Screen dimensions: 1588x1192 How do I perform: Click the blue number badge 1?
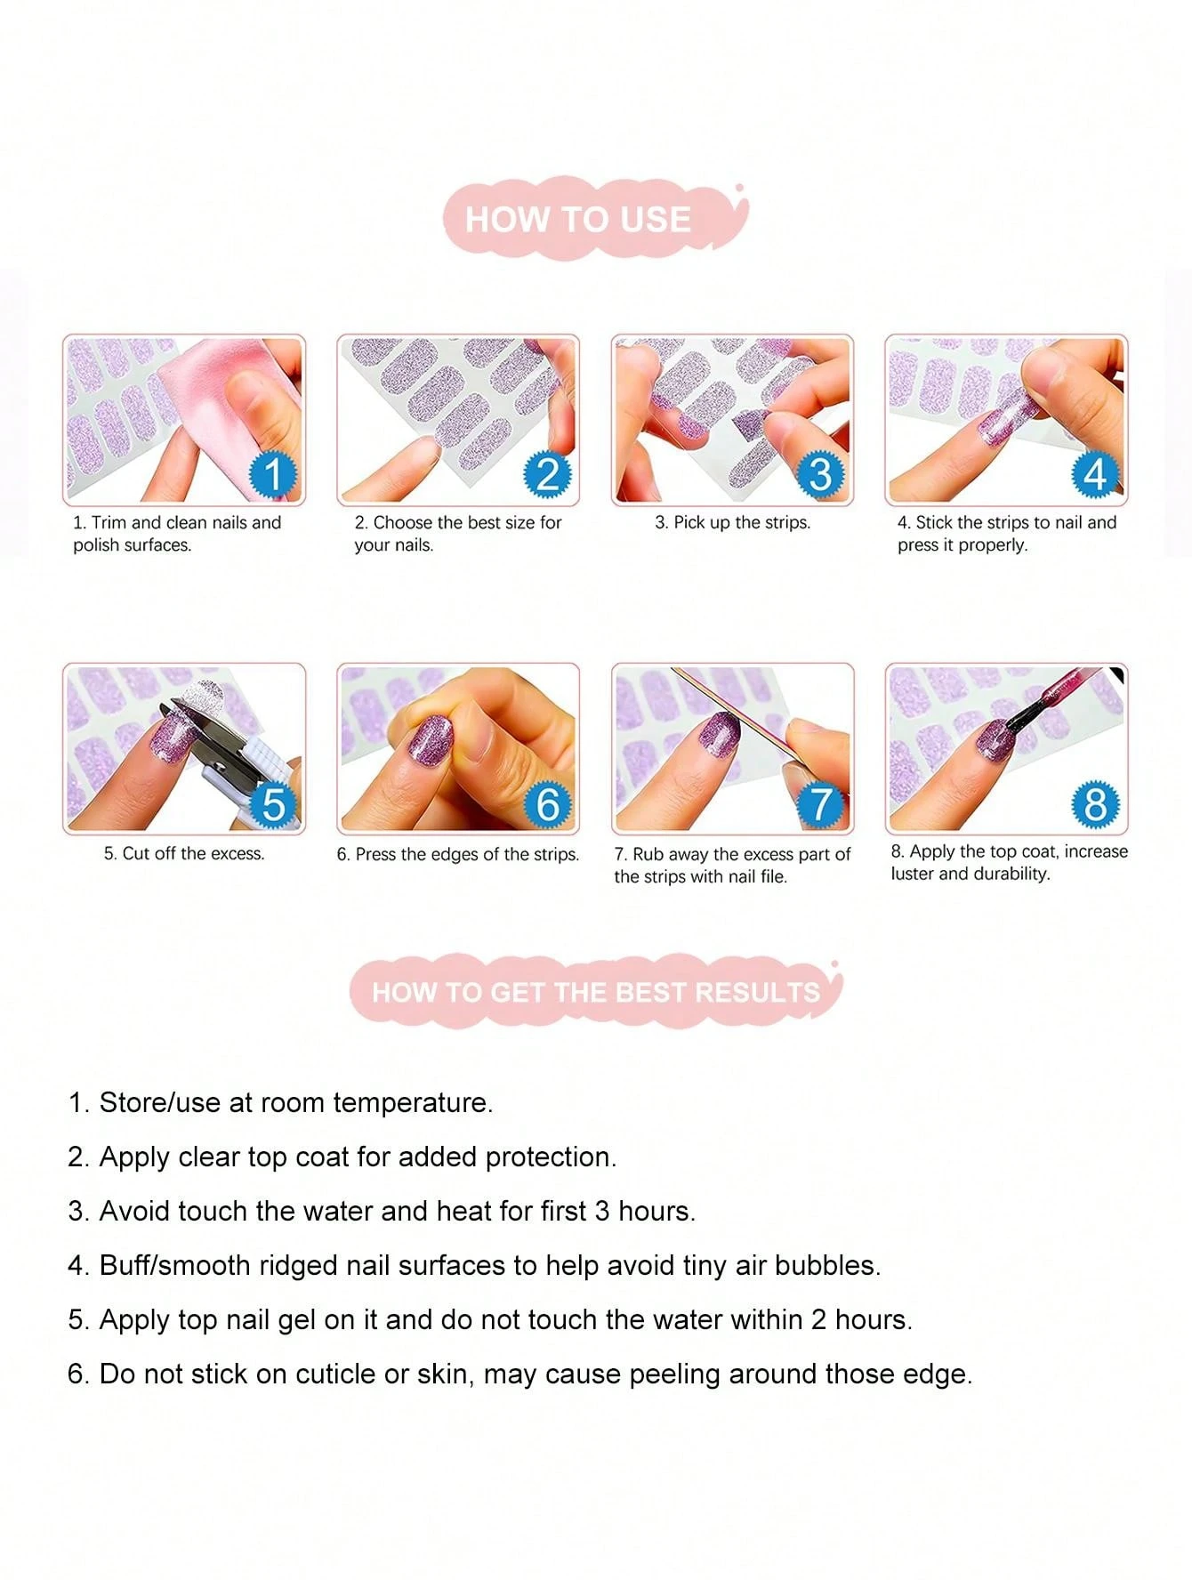coord(273,473)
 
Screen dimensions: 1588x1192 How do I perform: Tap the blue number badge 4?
coord(1095,473)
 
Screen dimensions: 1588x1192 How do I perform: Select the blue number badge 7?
coord(820,803)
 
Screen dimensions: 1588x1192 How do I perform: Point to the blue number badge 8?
coord(1095,803)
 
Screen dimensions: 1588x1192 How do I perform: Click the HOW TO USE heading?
coord(578,219)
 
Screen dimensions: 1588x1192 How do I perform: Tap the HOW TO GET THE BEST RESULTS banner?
coord(595,992)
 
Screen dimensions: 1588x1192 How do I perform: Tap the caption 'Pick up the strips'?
coord(733,523)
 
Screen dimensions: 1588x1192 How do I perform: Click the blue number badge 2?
coord(547,473)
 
